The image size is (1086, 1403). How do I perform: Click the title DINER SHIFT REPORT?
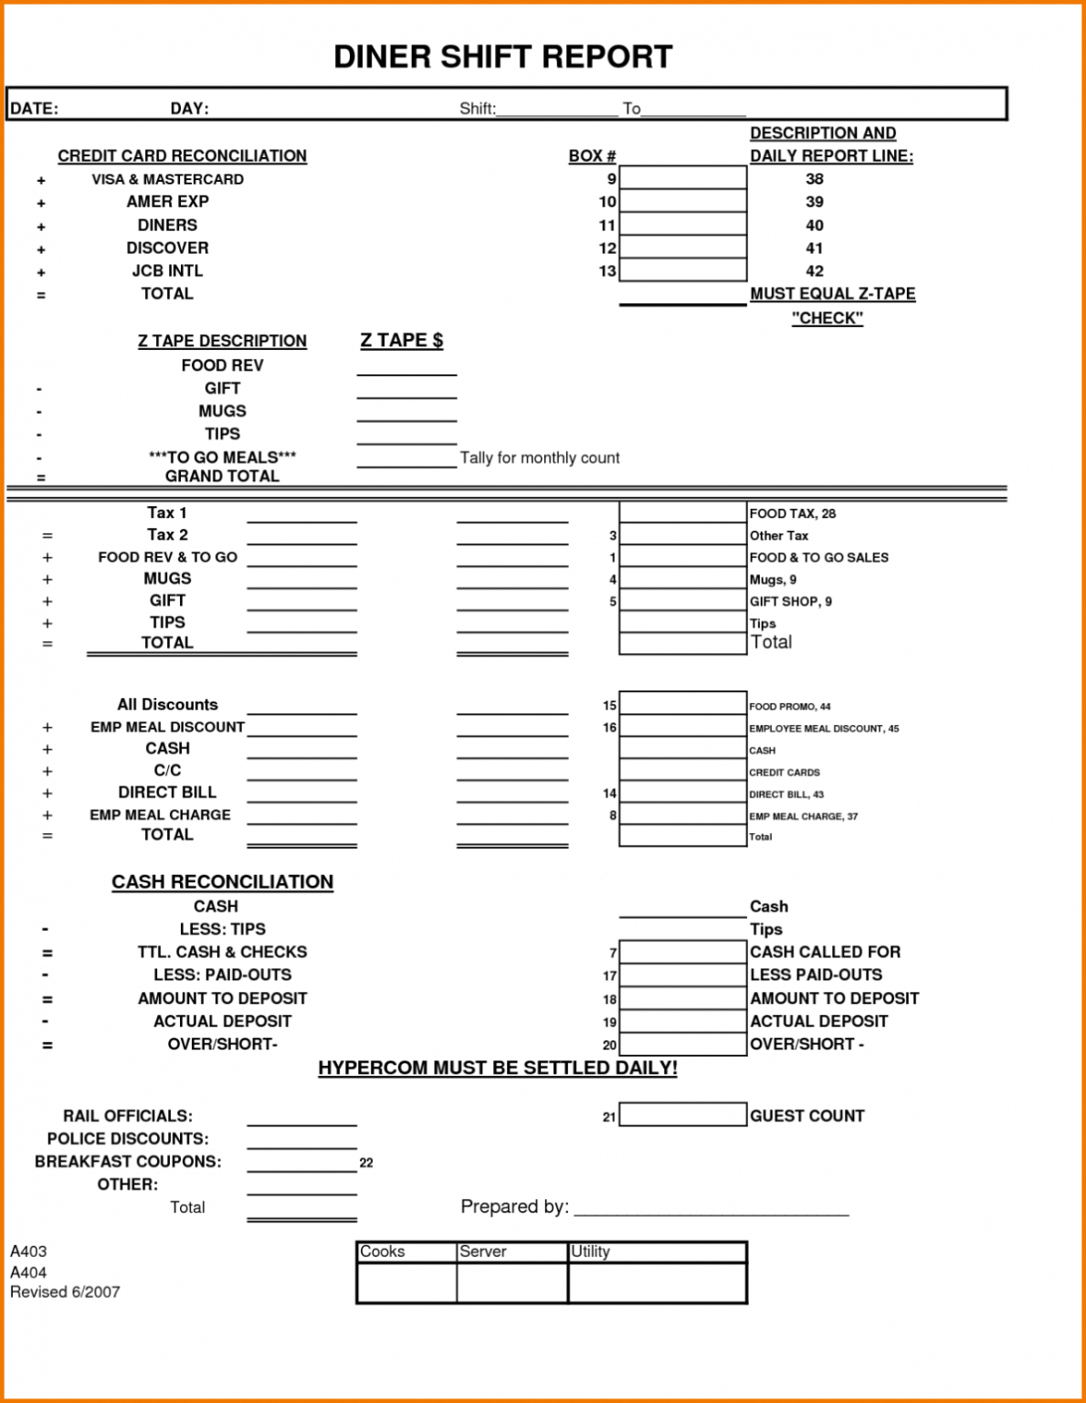[502, 57]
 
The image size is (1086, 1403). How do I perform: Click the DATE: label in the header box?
[34, 109]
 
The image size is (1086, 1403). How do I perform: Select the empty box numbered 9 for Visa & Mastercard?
[682, 178]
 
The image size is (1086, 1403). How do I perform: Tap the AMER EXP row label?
[167, 202]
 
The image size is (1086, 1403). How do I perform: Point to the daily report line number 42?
[814, 271]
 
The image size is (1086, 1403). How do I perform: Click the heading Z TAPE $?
[401, 341]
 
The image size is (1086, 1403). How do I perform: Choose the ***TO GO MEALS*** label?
[222, 457]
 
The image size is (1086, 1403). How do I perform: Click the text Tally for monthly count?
[539, 458]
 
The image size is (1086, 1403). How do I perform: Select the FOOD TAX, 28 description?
[792, 513]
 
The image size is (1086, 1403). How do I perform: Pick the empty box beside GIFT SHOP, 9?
[682, 601]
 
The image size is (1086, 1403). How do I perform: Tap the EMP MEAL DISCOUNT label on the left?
[167, 727]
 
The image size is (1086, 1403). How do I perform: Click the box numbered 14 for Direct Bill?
[682, 793]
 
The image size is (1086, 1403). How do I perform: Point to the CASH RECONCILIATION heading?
[222, 881]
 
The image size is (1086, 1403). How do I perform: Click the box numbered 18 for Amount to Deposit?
[682, 998]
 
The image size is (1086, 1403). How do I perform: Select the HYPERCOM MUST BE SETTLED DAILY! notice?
[498, 1068]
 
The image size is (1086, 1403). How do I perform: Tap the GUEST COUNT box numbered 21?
[682, 1114]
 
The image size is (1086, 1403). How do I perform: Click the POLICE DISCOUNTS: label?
[128, 1139]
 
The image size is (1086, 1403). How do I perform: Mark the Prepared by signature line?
[711, 1208]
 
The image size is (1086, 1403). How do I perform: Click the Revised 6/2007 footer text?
[65, 1292]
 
